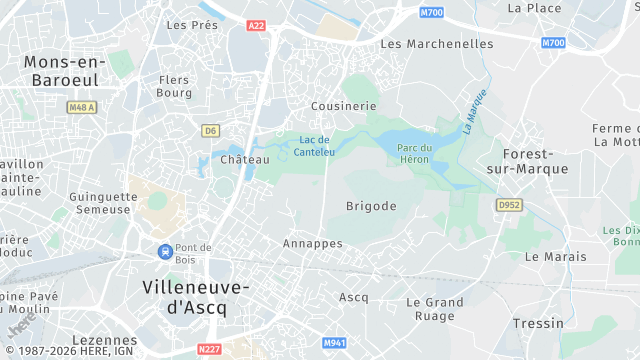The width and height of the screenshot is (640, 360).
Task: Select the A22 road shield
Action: point(257,25)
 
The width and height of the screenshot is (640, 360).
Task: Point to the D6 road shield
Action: point(210,130)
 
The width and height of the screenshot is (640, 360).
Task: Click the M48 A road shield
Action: point(81,107)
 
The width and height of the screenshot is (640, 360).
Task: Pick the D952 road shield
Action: point(510,204)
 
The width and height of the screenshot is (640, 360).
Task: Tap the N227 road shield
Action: point(208,348)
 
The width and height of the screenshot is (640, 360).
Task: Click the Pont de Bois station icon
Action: point(163,252)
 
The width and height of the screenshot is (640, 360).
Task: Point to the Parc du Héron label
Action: point(413,153)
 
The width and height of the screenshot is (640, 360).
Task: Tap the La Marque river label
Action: point(474,112)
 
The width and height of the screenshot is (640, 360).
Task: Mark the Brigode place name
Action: point(371,206)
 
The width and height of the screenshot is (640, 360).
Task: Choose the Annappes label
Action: point(313,244)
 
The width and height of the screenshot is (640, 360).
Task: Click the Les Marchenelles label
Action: point(437,44)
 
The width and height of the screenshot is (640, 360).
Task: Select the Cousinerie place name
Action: point(343,105)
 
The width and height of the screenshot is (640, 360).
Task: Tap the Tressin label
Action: point(538,323)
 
